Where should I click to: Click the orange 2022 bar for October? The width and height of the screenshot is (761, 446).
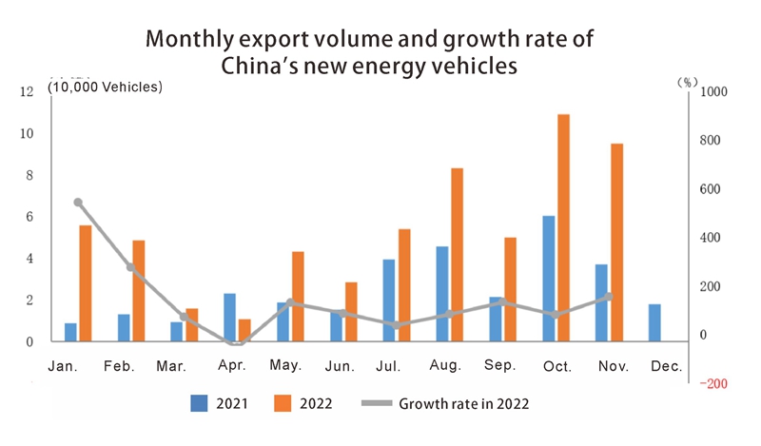point(564,227)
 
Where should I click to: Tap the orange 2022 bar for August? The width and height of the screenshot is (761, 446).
point(458,254)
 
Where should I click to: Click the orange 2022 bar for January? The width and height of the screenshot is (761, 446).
point(86,282)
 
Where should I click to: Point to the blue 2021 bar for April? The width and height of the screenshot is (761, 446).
point(230,317)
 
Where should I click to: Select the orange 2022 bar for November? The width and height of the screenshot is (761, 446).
point(616,242)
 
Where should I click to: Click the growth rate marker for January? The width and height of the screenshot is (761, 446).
point(78,203)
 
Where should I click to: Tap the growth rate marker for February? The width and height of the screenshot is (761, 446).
point(131,267)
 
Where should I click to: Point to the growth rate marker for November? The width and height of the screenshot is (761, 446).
point(609,297)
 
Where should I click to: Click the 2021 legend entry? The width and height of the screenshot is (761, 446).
point(219,402)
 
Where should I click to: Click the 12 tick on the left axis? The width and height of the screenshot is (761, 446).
point(27,91)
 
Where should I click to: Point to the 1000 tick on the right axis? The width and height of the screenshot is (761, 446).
point(713,91)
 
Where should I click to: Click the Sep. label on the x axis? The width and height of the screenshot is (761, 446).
point(498,365)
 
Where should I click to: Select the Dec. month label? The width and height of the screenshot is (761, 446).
point(666,365)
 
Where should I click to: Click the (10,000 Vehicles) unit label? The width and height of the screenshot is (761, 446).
point(107,87)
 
